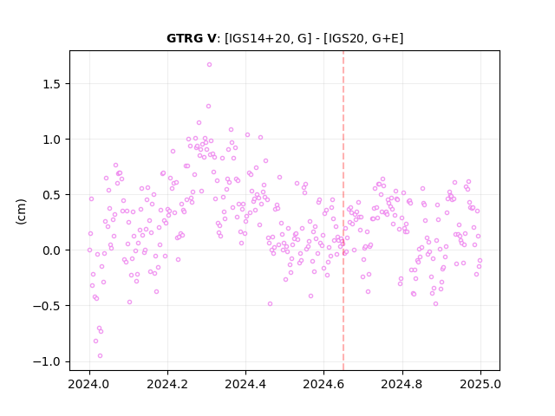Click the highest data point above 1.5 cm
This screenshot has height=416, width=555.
tap(209, 64)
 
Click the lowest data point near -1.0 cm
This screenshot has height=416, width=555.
tap(101, 355)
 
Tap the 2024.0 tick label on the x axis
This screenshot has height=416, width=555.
tap(89, 384)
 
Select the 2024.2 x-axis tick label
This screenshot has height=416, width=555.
tap(167, 384)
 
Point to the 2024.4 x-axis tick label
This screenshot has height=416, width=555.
tap(245, 384)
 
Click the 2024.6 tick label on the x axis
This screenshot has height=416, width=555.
tap(323, 384)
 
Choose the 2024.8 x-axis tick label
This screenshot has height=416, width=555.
tap(402, 384)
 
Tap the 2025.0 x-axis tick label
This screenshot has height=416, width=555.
tap(480, 384)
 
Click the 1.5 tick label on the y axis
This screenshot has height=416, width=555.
tap(52, 84)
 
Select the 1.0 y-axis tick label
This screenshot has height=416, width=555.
tap(52, 140)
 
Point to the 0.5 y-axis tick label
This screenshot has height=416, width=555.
tap(52, 195)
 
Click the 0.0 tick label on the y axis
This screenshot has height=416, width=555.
tap(52, 250)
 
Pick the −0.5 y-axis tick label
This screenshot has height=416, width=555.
tap(47, 306)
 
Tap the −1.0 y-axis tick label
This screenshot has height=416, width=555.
tap(47, 361)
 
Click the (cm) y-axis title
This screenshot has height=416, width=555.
tap(21, 211)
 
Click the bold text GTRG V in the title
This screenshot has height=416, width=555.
tap(191, 38)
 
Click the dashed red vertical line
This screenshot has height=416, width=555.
tap(343, 211)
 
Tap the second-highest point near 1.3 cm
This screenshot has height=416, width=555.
tap(208, 106)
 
